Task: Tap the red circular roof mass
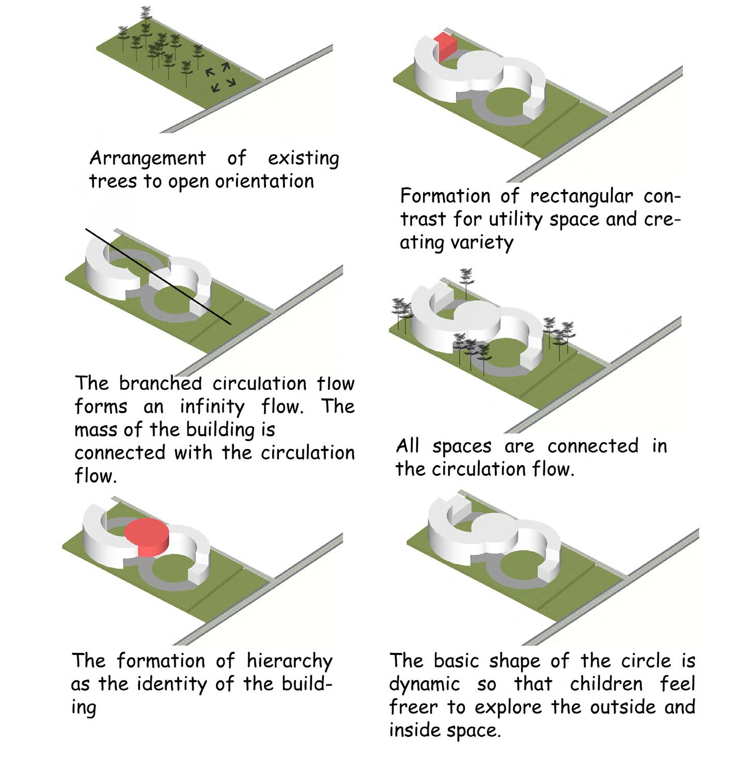click(147, 537)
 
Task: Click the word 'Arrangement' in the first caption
click(148, 158)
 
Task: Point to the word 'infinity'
click(212, 407)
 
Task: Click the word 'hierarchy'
click(289, 662)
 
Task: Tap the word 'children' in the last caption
click(606, 684)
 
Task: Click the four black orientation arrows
click(221, 78)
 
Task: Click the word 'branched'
click(160, 383)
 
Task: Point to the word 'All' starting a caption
click(407, 446)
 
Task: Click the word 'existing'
click(303, 158)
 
